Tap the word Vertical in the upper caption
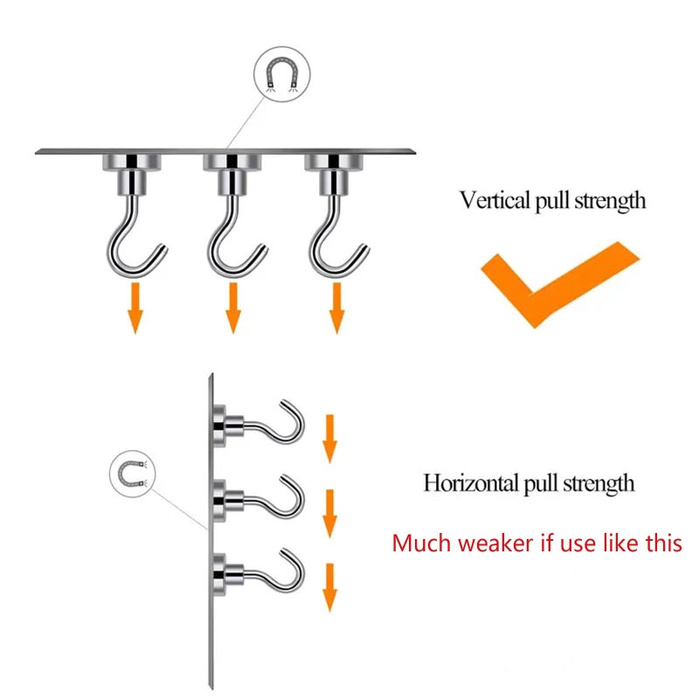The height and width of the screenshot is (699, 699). tap(495, 199)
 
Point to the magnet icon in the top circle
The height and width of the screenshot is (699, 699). tap(281, 73)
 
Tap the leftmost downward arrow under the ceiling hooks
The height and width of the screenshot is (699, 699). tap(135, 308)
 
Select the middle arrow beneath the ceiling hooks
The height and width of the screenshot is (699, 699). tap(233, 308)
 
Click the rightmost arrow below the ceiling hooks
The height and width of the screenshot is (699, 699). tap(336, 308)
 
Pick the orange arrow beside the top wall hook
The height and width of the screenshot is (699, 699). tap(329, 439)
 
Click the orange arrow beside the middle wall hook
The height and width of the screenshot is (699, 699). tap(329, 514)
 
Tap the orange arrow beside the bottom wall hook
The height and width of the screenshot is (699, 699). tap(329, 587)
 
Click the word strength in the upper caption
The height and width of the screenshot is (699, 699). tap(610, 201)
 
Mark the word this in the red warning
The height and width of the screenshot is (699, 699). tap(664, 543)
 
